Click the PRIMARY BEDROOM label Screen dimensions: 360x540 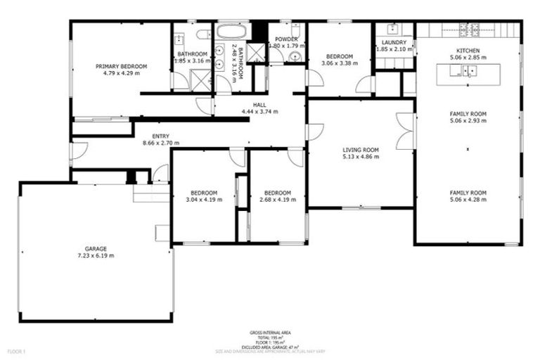click(122, 66)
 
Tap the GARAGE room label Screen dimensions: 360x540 click(96, 249)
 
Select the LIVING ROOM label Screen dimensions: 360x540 click(361, 150)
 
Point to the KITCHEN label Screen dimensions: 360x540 click(468, 51)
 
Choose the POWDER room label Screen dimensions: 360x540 click(286, 39)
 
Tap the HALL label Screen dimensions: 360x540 click(259, 104)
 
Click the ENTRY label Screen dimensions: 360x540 click(161, 136)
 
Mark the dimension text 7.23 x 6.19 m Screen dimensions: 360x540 click(96, 256)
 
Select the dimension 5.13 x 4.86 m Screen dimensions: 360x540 click(361, 157)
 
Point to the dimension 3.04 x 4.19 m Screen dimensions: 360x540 click(203, 200)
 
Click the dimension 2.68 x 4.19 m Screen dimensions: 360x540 click(277, 200)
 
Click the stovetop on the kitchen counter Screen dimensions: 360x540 click(470, 30)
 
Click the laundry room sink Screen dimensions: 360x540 click(392, 30)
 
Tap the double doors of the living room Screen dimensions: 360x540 click(405, 131)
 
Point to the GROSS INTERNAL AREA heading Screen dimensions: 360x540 click(270, 332)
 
